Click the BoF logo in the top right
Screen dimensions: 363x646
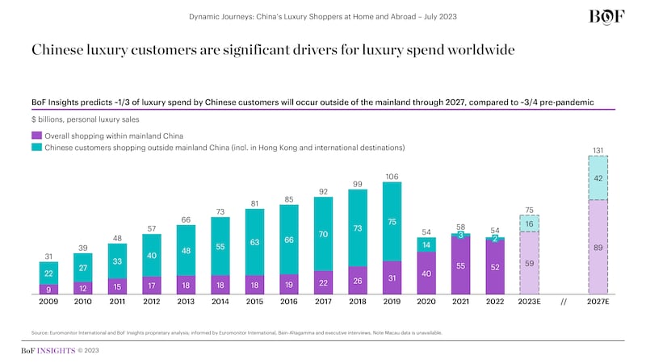tap(606, 18)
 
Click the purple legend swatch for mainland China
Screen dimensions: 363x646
tap(36, 136)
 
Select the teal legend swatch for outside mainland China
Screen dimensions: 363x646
tap(36, 148)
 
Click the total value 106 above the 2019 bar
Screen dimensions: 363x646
tap(391, 175)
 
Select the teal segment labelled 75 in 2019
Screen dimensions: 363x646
tap(391, 222)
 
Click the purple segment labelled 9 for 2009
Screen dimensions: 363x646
tap(48, 289)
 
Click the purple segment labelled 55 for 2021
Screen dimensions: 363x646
tap(460, 266)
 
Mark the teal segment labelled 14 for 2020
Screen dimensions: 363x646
tap(426, 243)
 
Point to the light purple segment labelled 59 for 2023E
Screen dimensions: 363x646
tap(529, 263)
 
